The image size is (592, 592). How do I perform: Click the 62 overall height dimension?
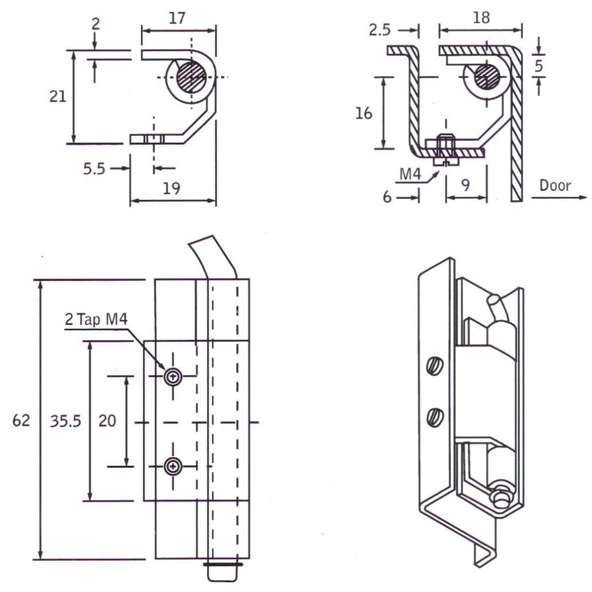pyautogui.click(x=21, y=421)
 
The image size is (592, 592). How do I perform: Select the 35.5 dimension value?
pyautogui.click(x=65, y=421)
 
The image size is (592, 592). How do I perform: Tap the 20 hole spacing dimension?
pyautogui.click(x=107, y=421)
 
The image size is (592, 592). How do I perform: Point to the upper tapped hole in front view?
pyautogui.click(x=172, y=377)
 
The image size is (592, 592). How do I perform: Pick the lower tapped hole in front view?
pyautogui.click(x=172, y=465)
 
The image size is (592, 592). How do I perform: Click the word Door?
pyautogui.click(x=554, y=186)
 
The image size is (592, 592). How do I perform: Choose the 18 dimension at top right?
pyautogui.click(x=480, y=18)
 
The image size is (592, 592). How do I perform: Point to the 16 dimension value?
pyautogui.click(x=364, y=113)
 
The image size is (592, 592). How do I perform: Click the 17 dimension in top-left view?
pyautogui.click(x=177, y=18)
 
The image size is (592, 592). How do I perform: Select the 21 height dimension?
pyautogui.click(x=57, y=97)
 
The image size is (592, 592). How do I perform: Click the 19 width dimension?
pyautogui.click(x=172, y=188)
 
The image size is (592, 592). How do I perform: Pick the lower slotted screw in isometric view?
pyautogui.click(x=435, y=416)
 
